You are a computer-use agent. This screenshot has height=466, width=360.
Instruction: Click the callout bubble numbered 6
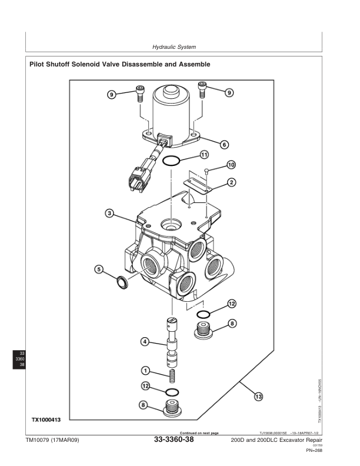click(224, 144)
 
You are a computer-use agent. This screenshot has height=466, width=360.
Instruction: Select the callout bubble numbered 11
click(204, 155)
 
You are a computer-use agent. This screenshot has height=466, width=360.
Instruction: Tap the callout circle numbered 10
click(231, 164)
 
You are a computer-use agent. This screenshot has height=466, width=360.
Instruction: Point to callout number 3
click(109, 212)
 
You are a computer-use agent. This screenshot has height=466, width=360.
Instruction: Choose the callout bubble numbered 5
click(99, 269)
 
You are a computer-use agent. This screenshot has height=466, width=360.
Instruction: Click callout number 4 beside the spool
click(144, 341)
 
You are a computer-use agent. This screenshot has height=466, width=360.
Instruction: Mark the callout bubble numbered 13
click(258, 397)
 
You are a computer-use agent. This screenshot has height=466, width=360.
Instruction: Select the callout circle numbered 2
click(232, 182)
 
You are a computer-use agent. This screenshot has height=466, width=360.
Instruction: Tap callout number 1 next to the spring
click(144, 371)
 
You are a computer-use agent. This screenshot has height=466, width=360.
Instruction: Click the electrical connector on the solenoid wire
click(136, 179)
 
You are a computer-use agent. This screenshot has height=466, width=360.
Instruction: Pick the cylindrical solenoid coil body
click(171, 112)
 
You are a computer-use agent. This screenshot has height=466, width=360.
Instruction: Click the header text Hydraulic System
click(174, 46)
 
